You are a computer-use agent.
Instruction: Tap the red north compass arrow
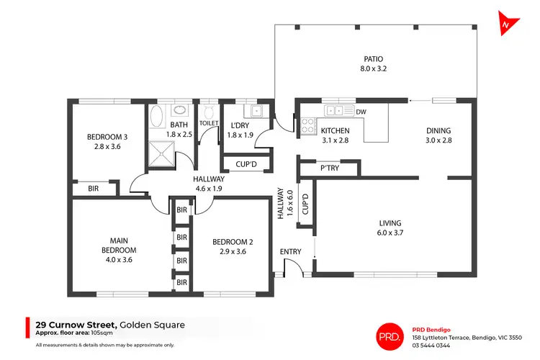click(x=509, y=23)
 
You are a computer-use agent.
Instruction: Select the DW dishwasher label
click(x=361, y=112)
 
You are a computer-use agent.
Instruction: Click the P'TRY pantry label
click(x=330, y=168)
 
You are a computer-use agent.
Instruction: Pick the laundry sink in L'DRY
click(x=255, y=111)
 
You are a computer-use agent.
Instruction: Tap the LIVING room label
click(x=390, y=223)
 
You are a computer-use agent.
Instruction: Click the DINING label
click(x=438, y=130)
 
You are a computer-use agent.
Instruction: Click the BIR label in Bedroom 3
click(x=94, y=188)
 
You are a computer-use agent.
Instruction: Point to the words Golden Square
click(x=152, y=325)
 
